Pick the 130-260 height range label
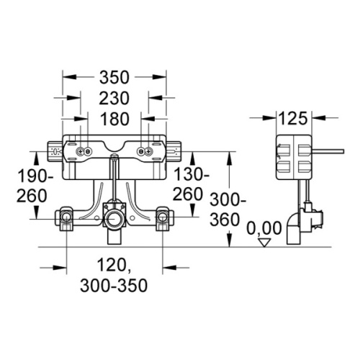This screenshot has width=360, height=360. pos(192,186)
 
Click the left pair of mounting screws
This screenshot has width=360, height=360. pos(83,152)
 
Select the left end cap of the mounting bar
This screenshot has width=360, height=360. pos(54,152)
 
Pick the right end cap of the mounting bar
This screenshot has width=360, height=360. pos(175,152)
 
